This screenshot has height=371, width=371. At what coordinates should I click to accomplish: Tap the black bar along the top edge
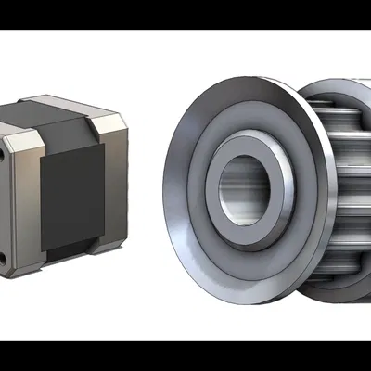click(185, 15)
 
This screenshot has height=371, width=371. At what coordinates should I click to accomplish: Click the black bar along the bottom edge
click(185, 356)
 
